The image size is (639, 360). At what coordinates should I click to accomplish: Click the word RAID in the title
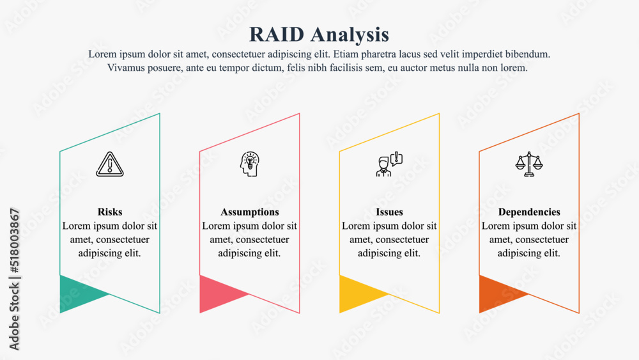[x=277, y=35]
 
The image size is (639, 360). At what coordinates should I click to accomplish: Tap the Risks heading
[x=110, y=212]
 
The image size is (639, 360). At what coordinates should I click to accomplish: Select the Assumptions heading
[x=250, y=212]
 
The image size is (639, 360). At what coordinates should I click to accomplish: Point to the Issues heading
[x=389, y=212]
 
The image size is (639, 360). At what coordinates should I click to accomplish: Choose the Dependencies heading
[x=529, y=212]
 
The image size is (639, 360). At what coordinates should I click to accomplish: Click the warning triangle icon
[x=110, y=164]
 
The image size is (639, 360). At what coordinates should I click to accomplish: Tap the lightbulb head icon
[x=249, y=164]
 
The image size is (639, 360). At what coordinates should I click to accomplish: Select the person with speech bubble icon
[x=389, y=164]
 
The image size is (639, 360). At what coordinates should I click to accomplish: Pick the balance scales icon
[x=529, y=164]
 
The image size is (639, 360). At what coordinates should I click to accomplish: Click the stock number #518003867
[x=14, y=240]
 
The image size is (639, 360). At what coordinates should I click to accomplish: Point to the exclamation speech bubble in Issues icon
[x=397, y=159]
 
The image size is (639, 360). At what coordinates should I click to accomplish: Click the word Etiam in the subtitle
[x=346, y=54]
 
